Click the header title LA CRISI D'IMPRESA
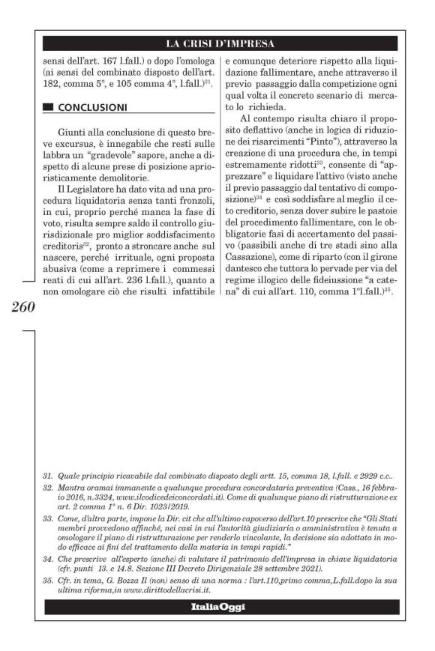[220, 43]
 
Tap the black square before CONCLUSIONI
[48, 107]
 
